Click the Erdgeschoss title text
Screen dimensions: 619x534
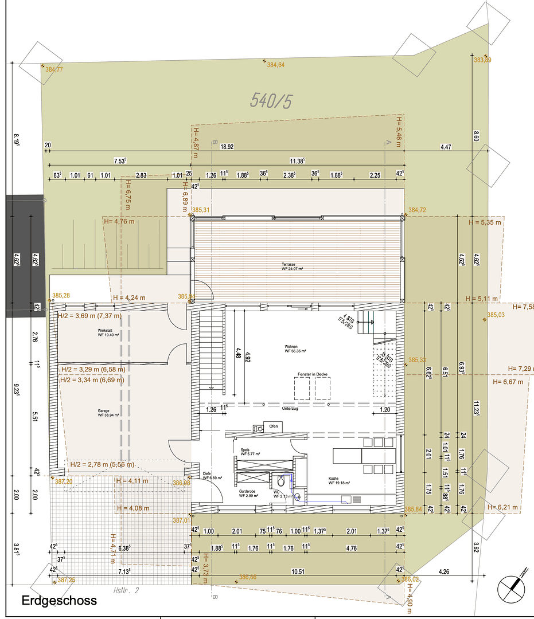point(59,601)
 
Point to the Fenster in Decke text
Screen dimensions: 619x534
point(313,374)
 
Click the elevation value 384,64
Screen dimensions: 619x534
point(275,65)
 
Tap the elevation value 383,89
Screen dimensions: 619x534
point(482,60)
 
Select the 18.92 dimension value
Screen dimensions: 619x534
point(227,147)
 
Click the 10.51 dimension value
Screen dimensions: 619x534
point(297,571)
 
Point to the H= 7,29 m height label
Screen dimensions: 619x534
point(520,368)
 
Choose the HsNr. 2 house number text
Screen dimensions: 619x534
point(126,589)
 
